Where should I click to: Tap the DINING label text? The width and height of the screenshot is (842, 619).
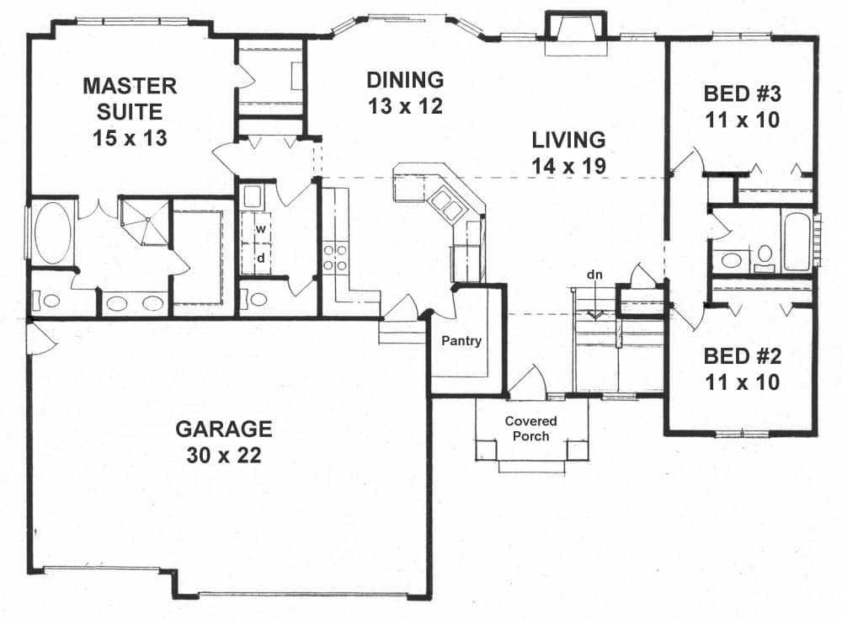[x=405, y=80]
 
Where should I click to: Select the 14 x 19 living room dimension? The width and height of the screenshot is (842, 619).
[x=568, y=166]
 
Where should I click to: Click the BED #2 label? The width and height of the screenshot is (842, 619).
[x=742, y=357]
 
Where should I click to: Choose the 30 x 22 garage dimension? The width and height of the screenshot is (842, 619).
[x=223, y=456]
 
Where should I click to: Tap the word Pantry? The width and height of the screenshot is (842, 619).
[x=461, y=341]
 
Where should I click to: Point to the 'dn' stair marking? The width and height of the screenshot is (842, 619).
[x=595, y=275]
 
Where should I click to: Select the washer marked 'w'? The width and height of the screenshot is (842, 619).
[x=261, y=229]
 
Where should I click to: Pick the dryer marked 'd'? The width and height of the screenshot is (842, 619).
[x=261, y=258]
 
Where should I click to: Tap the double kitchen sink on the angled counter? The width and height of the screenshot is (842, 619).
[x=445, y=205]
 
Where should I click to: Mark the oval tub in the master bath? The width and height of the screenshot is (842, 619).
[x=53, y=231]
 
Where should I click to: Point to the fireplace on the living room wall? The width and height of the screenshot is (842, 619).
[x=575, y=29]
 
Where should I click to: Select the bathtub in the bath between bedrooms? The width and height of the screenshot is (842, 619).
[x=797, y=242]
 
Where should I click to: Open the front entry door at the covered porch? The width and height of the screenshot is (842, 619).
[x=529, y=383]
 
